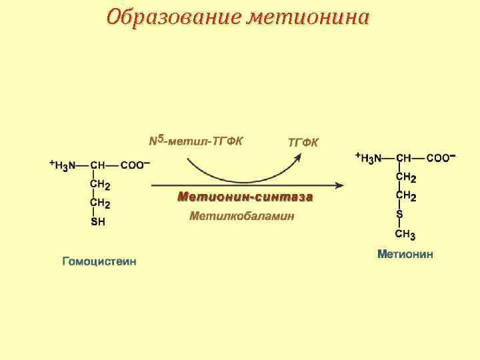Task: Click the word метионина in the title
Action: (x=307, y=16)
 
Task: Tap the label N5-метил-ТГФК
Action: (x=196, y=141)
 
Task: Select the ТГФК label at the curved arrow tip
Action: (x=303, y=142)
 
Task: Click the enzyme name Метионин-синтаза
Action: (x=245, y=197)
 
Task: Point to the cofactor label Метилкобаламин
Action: (x=242, y=216)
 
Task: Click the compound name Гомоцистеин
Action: (x=99, y=261)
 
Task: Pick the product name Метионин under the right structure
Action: (x=405, y=254)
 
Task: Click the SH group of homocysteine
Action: (x=97, y=222)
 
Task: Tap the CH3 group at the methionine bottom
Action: (x=405, y=235)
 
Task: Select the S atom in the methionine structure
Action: (x=399, y=215)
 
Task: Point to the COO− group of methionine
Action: (x=441, y=158)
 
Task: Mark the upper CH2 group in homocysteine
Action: (x=100, y=185)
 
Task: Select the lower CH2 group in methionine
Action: (x=406, y=197)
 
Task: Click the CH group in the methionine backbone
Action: (x=403, y=158)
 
